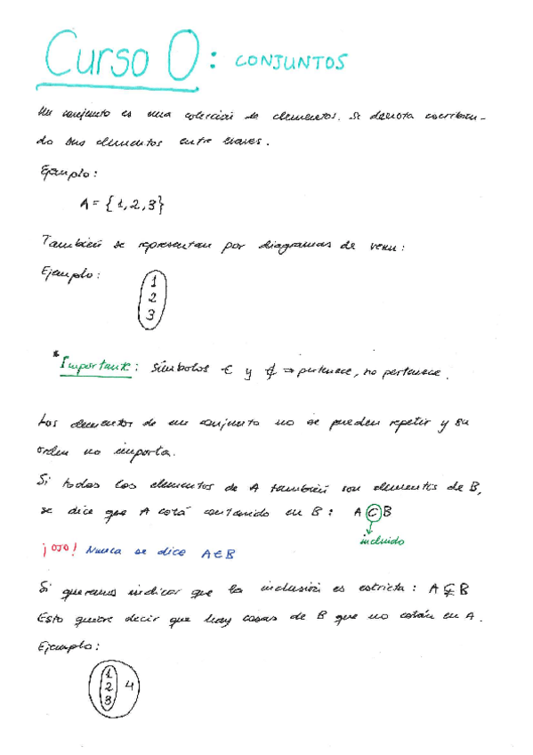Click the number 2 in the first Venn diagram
(151, 298)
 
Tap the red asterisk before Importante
(55, 355)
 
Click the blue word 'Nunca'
(106, 551)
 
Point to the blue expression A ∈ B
(217, 552)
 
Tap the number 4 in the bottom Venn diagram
(130, 686)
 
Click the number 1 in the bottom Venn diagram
(107, 672)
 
